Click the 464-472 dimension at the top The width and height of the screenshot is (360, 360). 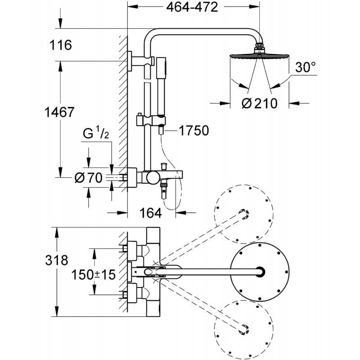192,7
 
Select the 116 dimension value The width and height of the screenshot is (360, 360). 61,45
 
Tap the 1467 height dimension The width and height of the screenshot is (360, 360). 59,112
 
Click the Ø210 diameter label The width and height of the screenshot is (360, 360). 260,103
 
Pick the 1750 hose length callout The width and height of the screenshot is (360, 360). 194,130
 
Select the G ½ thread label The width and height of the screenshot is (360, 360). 96,133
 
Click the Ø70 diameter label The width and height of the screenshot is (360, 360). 88,178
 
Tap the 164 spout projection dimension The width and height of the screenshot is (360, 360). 151,213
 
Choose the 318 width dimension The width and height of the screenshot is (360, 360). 57,261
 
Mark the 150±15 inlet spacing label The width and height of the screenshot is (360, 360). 94,274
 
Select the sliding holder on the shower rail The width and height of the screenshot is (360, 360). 151,121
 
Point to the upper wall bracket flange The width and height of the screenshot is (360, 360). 130,61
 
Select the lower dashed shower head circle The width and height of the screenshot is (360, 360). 243,329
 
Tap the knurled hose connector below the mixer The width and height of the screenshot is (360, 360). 164,184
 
